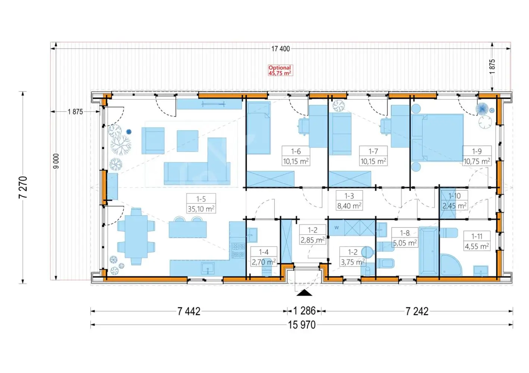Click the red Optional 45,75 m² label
[x=280, y=70]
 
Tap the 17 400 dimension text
[x=280, y=49]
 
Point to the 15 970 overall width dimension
[x=302, y=325]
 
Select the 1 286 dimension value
[x=304, y=311]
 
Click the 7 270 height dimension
[x=23, y=187]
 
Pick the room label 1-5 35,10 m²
[x=201, y=203]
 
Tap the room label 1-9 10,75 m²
[x=477, y=156]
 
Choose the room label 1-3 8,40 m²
[x=349, y=200]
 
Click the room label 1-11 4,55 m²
[x=477, y=241]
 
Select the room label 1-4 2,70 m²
[x=264, y=257]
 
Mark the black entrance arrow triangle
[x=305, y=293]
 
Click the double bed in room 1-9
[x=437, y=138]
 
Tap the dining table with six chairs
[x=136, y=236]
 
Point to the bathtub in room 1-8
[x=429, y=251]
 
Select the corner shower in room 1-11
[x=451, y=265]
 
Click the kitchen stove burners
[x=239, y=251]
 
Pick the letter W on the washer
[x=337, y=228]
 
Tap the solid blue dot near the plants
[x=129, y=132]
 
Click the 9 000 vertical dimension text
[x=56, y=161]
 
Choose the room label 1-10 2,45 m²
[x=454, y=201]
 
